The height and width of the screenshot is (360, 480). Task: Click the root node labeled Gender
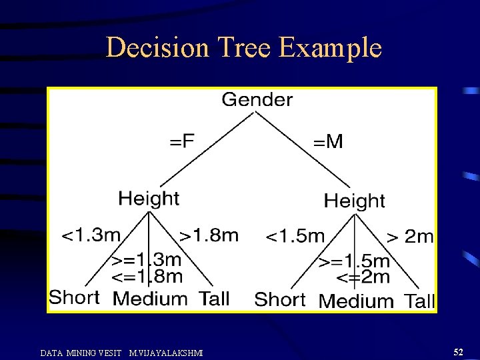tap(257, 100)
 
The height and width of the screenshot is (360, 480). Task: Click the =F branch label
tap(182, 141)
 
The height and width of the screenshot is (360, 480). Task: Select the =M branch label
tap(328, 141)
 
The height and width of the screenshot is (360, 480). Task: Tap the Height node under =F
tap(149, 199)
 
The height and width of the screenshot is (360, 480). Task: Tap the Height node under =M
tap(354, 201)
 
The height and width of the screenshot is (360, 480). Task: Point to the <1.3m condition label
tap(91, 235)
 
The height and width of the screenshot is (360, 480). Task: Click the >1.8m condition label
tap(209, 235)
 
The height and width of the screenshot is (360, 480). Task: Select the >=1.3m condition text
tap(146, 259)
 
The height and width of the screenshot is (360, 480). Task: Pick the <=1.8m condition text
tap(146, 275)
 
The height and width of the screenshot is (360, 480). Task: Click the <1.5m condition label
tap(295, 236)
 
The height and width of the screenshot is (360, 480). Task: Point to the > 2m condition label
tap(410, 236)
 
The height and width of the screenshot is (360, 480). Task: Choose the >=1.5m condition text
tap(354, 261)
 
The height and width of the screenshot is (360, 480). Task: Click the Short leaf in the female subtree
tap(75, 297)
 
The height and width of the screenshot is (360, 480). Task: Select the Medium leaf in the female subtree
tap(150, 299)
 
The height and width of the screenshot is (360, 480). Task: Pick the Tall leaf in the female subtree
tap(213, 299)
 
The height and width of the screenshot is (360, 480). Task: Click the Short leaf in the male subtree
tap(279, 299)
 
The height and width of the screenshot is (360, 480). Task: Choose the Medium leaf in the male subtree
tap(356, 301)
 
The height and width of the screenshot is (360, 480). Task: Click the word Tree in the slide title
tap(241, 48)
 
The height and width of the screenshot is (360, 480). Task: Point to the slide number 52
tap(458, 351)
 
